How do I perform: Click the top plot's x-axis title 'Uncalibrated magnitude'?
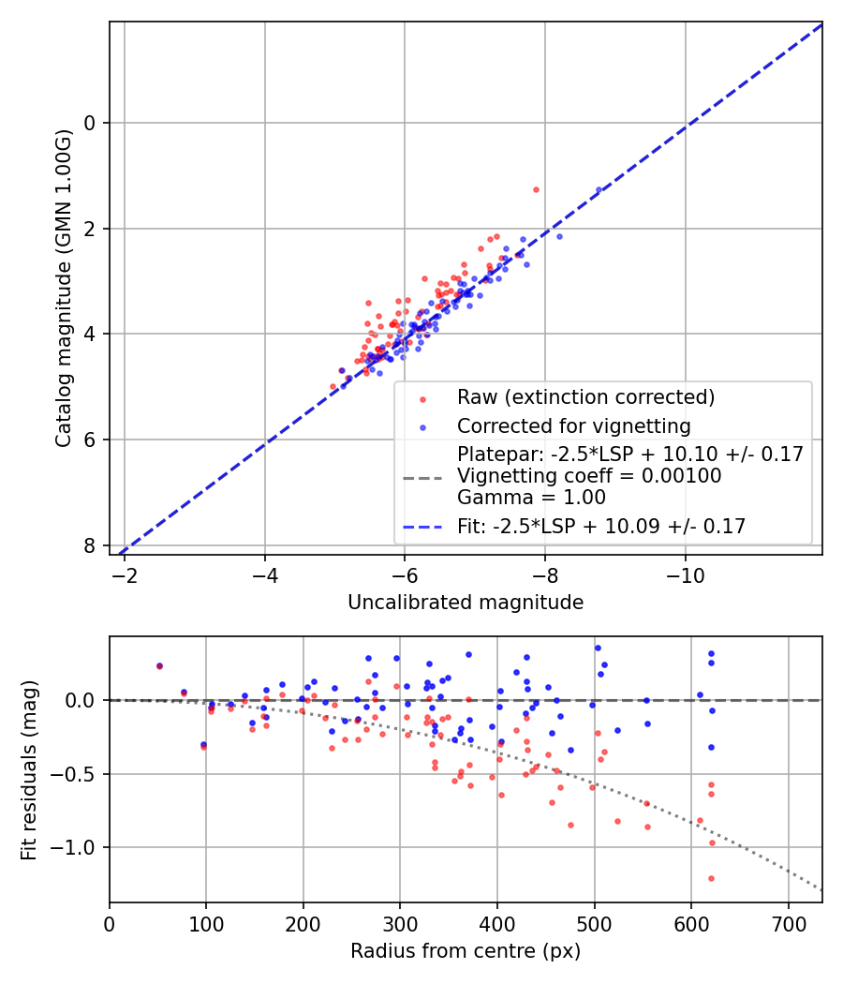(x=466, y=603)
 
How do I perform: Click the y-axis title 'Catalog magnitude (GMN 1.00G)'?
(x=63, y=289)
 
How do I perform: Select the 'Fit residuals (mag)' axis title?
(x=29, y=769)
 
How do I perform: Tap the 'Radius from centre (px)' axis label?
(x=466, y=951)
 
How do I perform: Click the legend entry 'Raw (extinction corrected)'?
(x=585, y=397)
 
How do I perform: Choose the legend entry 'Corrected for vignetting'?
(x=573, y=426)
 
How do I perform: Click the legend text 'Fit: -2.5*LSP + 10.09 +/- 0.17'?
(x=601, y=527)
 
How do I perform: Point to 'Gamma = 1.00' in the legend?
(x=531, y=498)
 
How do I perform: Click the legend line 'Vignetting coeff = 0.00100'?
(x=589, y=476)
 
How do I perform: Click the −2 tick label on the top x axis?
(x=125, y=574)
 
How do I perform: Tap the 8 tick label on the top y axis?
(x=91, y=545)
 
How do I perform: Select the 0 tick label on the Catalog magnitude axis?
(x=91, y=123)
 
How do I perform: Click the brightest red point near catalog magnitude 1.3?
(x=536, y=189)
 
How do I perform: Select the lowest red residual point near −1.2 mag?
(x=711, y=878)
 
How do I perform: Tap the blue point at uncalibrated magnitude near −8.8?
(x=599, y=189)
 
